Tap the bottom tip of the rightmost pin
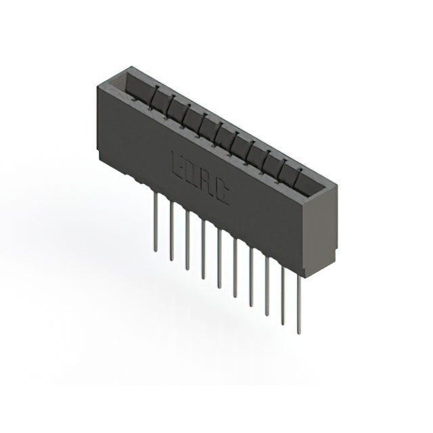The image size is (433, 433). point(299,332)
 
